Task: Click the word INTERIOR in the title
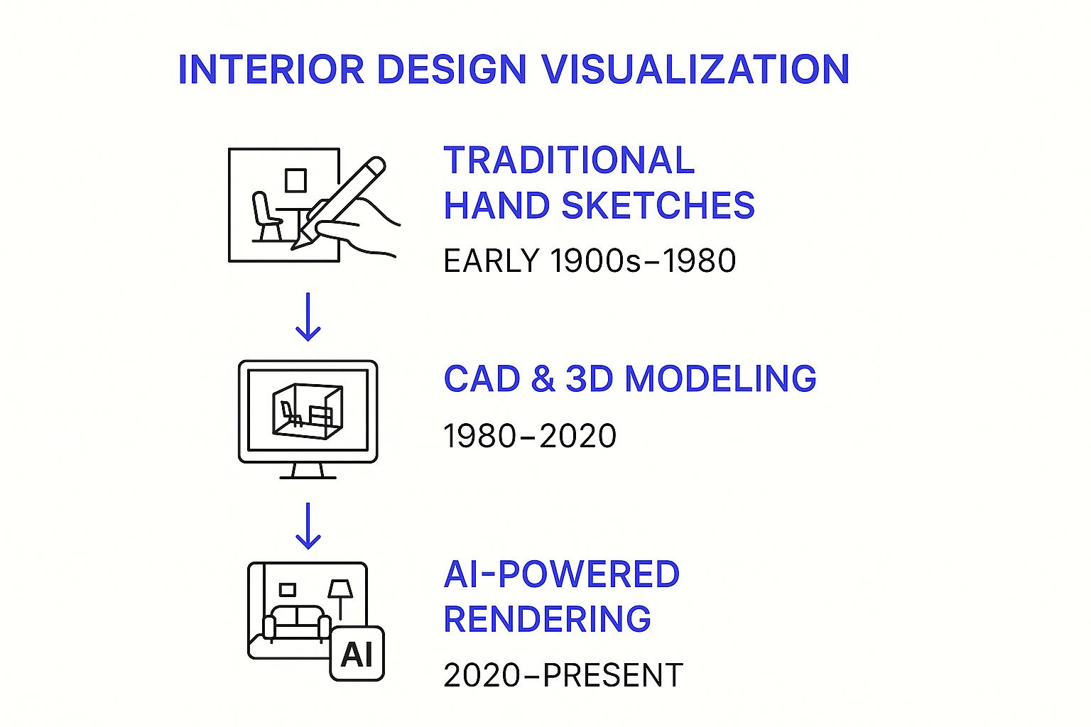[271, 69]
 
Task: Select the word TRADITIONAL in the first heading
[569, 160]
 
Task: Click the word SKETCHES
[658, 205]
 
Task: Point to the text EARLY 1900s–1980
[590, 261]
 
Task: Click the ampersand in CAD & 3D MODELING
[543, 378]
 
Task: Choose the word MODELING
[720, 378]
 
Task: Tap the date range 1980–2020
[530, 436]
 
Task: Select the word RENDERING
[548, 618]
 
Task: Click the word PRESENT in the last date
[613, 675]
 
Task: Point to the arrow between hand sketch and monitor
[308, 317]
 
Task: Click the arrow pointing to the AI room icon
[308, 526]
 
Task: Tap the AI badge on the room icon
[357, 653]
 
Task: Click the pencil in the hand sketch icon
[339, 203]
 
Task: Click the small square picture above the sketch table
[295, 180]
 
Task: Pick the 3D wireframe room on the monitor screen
[308, 412]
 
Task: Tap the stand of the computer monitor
[308, 471]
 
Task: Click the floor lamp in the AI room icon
[340, 600]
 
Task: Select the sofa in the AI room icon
[297, 624]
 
